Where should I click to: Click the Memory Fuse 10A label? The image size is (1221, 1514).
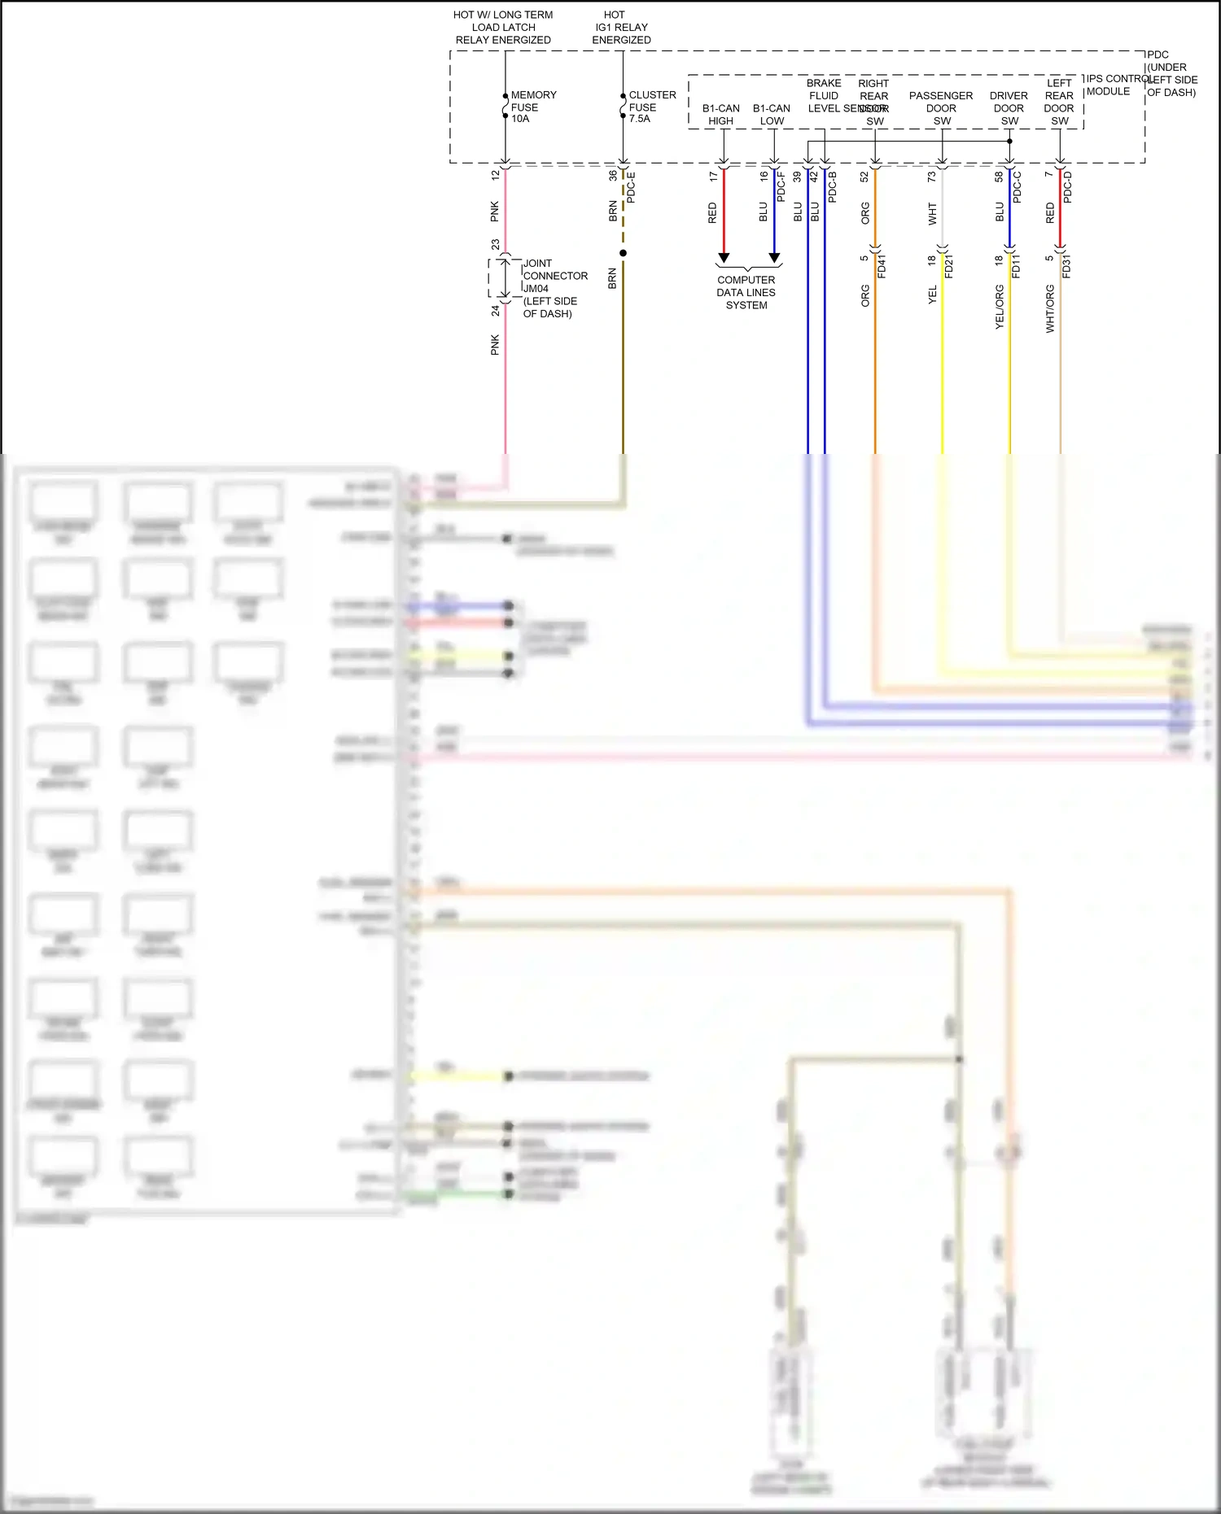pyautogui.click(x=533, y=107)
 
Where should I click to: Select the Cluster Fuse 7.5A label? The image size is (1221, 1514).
pyautogui.click(x=651, y=107)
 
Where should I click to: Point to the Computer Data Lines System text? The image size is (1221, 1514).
pyautogui.click(x=746, y=293)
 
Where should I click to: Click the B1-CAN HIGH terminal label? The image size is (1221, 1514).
pyautogui.click(x=721, y=115)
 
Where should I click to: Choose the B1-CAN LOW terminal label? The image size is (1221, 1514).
pyautogui.click(x=772, y=115)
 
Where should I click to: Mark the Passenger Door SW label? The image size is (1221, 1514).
pyautogui.click(x=941, y=108)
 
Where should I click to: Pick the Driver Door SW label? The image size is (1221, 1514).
pyautogui.click(x=1009, y=108)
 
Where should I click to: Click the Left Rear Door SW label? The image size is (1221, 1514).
pyautogui.click(x=1059, y=102)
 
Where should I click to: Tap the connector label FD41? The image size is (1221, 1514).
pyautogui.click(x=882, y=267)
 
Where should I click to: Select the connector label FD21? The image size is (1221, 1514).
pyautogui.click(x=949, y=267)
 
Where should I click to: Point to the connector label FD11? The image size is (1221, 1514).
pyautogui.click(x=1016, y=267)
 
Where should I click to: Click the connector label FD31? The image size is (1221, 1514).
pyautogui.click(x=1066, y=267)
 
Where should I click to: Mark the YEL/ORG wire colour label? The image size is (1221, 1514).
pyautogui.click(x=1000, y=307)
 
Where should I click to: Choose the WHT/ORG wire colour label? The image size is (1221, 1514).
pyautogui.click(x=1050, y=308)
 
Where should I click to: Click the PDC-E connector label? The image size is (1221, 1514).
pyautogui.click(x=631, y=188)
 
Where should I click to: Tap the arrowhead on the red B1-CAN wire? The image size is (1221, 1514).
pyautogui.click(x=724, y=258)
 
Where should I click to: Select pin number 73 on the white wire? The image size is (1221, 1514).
pyautogui.click(x=932, y=176)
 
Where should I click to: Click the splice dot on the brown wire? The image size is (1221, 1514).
pyautogui.click(x=624, y=253)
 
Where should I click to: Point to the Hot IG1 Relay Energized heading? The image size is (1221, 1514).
pyautogui.click(x=621, y=27)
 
